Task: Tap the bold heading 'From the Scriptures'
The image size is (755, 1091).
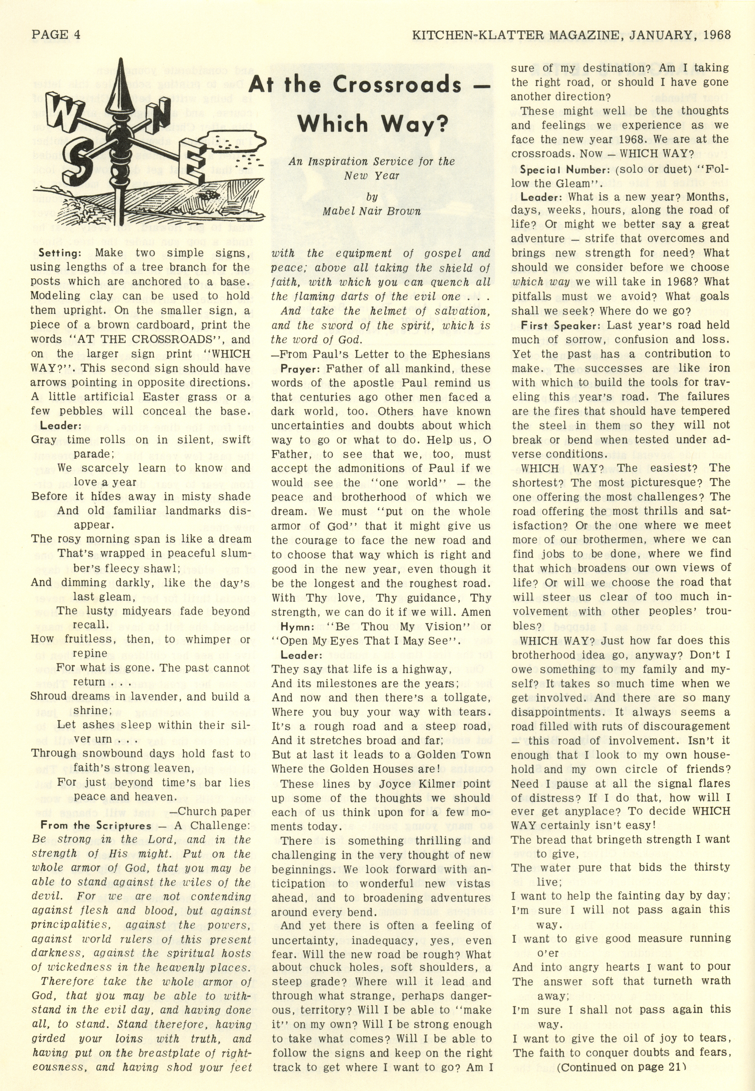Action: click(x=96, y=826)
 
